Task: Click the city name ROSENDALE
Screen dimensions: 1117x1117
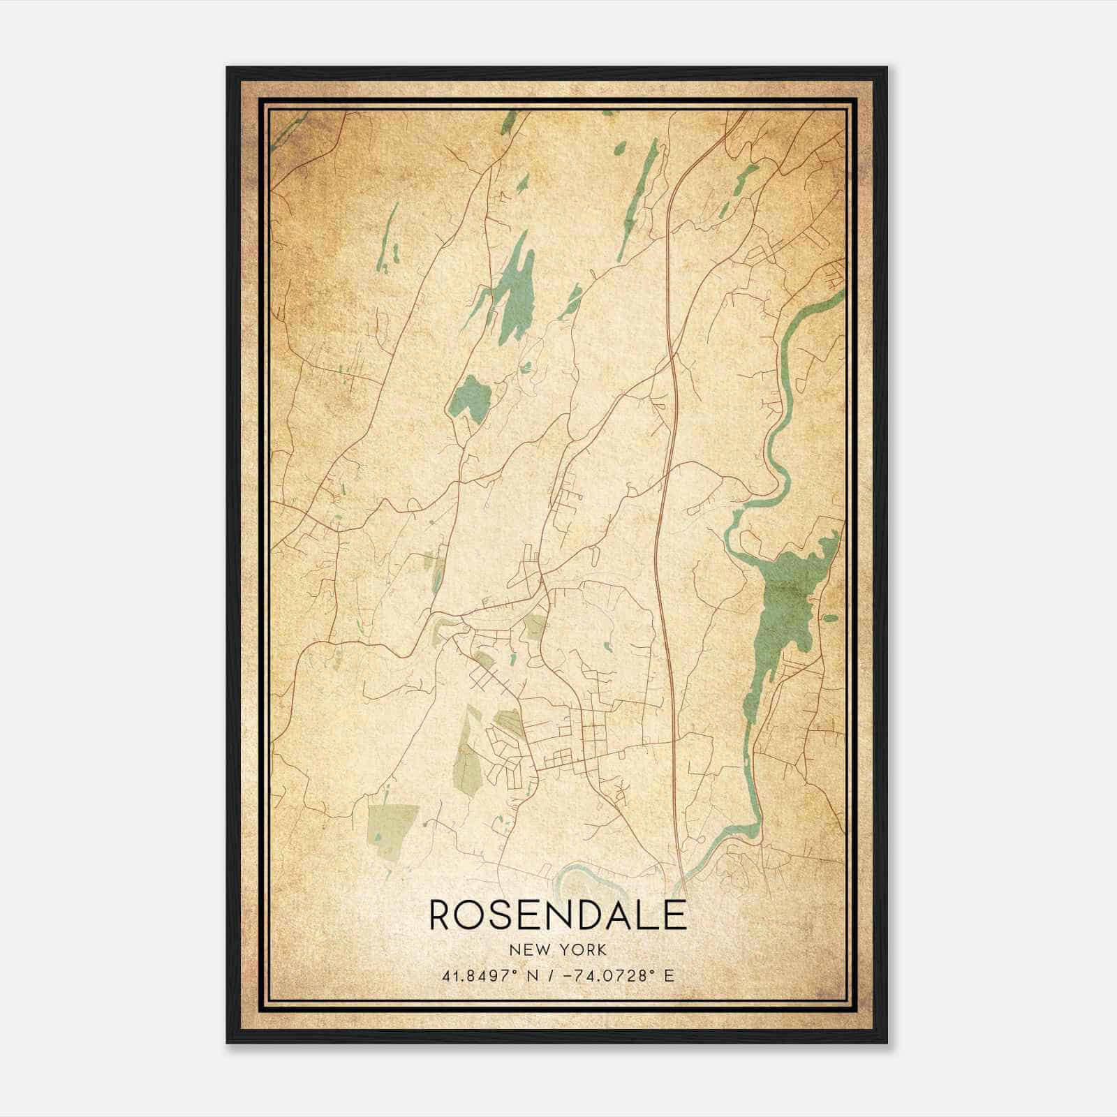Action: click(558, 915)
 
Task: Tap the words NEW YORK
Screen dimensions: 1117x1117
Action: click(558, 950)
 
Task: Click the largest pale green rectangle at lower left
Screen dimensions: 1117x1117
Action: click(393, 832)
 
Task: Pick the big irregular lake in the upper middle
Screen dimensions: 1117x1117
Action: click(515, 293)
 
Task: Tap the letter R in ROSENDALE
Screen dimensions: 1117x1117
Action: click(442, 915)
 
